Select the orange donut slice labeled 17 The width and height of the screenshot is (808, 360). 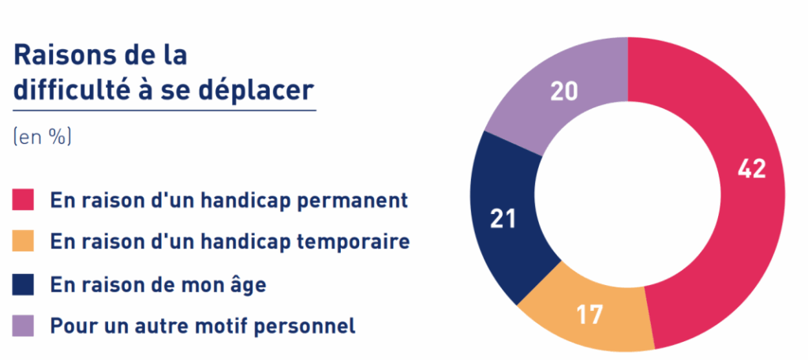(x=587, y=315)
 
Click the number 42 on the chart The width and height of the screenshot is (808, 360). (x=752, y=169)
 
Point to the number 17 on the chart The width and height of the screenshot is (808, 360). (x=589, y=316)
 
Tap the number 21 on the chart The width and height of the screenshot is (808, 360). (x=503, y=219)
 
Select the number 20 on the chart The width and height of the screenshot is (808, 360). (x=564, y=92)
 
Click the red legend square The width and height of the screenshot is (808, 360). (x=23, y=200)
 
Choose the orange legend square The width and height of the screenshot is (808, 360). (x=23, y=241)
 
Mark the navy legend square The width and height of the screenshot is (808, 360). (x=23, y=285)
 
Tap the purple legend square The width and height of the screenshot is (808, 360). (x=23, y=326)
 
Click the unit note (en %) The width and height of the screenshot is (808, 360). (x=43, y=138)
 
